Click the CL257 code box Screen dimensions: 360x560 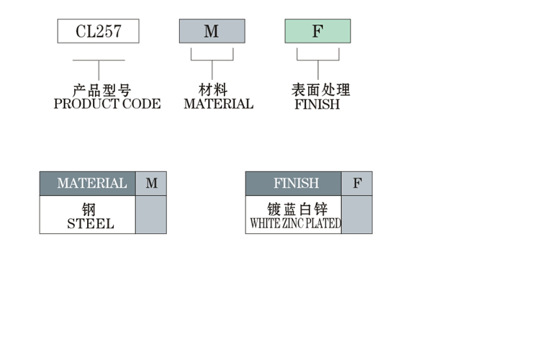pyautogui.click(x=98, y=31)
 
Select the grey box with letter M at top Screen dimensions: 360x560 pyautogui.click(x=212, y=31)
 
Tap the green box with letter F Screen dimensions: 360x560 pyautogui.click(x=317, y=31)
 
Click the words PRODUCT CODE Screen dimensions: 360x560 pyautogui.click(x=107, y=104)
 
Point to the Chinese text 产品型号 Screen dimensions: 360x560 pyautogui.click(x=101, y=91)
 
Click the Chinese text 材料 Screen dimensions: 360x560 pyautogui.click(x=212, y=91)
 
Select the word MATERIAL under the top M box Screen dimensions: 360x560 pyautogui.click(x=218, y=104)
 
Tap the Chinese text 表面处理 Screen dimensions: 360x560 pyautogui.click(x=320, y=91)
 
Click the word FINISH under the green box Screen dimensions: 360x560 pyautogui.click(x=317, y=104)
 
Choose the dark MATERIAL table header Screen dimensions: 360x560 pyautogui.click(x=87, y=183)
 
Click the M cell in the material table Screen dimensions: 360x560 pyautogui.click(x=151, y=183)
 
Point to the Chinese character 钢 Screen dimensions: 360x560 pyautogui.click(x=89, y=210)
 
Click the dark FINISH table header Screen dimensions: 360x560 pyautogui.click(x=293, y=183)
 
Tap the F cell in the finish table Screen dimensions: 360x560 pyautogui.click(x=357, y=183)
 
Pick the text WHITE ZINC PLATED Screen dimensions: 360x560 pyautogui.click(x=294, y=223)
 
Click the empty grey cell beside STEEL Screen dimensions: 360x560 pyautogui.click(x=150, y=215)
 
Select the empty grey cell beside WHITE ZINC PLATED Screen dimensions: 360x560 pyautogui.click(x=356, y=215)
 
